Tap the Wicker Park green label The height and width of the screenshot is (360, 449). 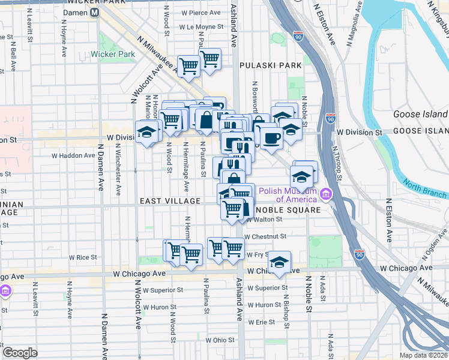tap(113, 54)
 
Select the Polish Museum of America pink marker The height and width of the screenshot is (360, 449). tap(326, 194)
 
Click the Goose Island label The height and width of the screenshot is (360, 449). tap(420, 114)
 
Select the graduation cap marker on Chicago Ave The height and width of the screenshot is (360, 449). tap(279, 262)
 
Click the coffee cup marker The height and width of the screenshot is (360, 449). tap(271, 138)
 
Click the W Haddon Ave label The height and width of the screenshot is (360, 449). tap(73, 155)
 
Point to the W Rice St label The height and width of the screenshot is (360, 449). tap(83, 257)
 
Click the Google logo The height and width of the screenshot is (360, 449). tap(20, 352)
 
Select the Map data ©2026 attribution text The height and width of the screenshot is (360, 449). tap(423, 355)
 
